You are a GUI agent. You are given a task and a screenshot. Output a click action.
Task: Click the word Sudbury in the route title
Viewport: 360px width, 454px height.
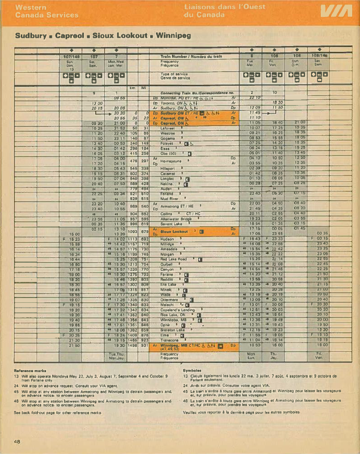(x=31, y=35)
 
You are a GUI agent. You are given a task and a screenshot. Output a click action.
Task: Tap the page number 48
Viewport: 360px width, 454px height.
(x=17, y=441)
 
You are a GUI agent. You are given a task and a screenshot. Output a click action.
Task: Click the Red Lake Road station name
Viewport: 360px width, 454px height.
(x=174, y=259)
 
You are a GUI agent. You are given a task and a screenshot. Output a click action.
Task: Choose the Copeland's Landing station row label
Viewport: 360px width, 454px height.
(x=178, y=310)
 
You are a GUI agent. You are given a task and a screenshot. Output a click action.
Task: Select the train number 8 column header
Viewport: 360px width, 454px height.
(x=251, y=56)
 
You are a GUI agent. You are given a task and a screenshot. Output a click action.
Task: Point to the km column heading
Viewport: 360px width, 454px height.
(x=132, y=88)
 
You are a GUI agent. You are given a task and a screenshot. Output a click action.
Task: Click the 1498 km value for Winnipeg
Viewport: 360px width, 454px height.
(x=133, y=345)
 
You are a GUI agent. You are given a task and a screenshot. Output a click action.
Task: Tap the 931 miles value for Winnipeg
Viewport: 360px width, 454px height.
(x=144, y=345)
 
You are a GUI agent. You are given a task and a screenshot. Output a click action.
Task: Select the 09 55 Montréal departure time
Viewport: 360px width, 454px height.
(x=120, y=97)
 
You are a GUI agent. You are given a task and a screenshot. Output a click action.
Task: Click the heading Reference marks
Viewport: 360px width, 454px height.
(x=31, y=371)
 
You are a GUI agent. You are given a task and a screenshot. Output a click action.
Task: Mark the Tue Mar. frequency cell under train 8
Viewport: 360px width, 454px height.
(x=251, y=63)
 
